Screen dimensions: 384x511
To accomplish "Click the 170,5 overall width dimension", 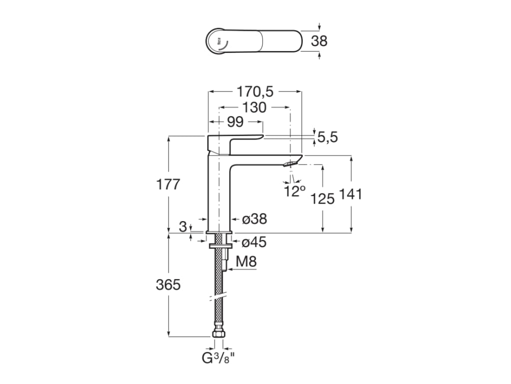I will (x=255, y=91).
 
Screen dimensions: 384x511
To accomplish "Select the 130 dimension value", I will (x=254, y=107).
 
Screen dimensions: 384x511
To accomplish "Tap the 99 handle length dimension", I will (x=235, y=121).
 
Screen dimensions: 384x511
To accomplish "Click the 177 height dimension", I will (x=168, y=184).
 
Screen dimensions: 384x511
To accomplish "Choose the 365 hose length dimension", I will (x=168, y=285).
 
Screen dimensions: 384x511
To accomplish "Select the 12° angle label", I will (x=294, y=190).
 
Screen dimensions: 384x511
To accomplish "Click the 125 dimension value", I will (x=322, y=198).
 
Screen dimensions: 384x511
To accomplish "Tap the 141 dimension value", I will (x=351, y=194).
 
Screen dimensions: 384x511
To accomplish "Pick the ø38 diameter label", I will (x=254, y=218).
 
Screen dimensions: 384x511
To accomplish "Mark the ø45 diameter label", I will (x=254, y=242).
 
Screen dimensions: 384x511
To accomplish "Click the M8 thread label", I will (x=247, y=261).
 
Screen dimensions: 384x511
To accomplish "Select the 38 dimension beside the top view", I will (x=319, y=40).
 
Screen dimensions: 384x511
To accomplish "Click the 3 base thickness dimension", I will (x=183, y=226).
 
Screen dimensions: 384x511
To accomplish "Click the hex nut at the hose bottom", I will (x=219, y=334).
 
